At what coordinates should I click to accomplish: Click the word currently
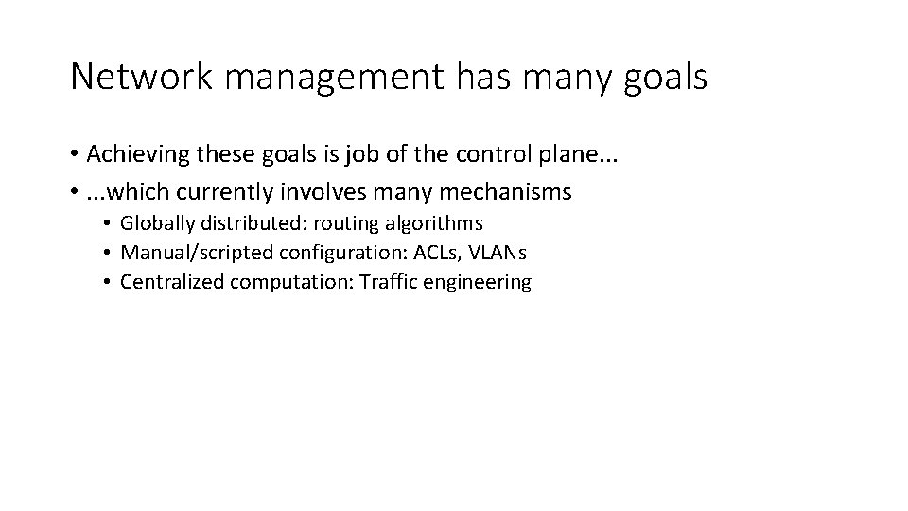pos(218,192)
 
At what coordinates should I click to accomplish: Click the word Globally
pos(155,223)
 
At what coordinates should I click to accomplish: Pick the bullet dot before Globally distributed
pos(109,224)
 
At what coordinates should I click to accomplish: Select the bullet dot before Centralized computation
pos(109,283)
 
